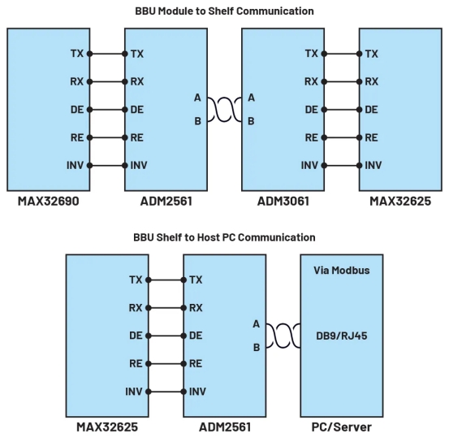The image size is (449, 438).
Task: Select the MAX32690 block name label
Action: click(49, 202)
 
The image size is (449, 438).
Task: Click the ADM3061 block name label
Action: click(283, 202)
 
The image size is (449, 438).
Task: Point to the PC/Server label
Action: click(342, 427)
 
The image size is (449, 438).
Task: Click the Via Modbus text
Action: click(342, 271)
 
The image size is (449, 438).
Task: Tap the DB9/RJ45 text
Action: click(342, 336)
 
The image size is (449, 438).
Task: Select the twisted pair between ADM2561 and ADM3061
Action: click(224, 110)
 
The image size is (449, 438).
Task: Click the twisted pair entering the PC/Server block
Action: click(283, 336)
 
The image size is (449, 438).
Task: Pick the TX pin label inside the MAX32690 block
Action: click(77, 54)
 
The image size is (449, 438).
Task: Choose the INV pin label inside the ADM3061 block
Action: click(309, 166)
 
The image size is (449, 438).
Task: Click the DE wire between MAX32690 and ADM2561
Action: click(107, 110)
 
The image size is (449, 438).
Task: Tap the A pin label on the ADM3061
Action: click(251, 98)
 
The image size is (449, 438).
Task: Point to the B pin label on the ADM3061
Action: click(251, 121)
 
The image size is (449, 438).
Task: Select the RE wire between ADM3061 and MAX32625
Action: click(342, 137)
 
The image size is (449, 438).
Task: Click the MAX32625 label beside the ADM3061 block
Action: click(400, 202)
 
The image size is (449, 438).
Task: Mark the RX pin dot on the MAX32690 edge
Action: click(89, 82)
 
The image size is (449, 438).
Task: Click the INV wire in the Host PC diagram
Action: click(166, 392)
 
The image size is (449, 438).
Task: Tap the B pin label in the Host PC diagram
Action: click(257, 348)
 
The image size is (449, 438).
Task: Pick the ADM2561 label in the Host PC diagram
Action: click(225, 427)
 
